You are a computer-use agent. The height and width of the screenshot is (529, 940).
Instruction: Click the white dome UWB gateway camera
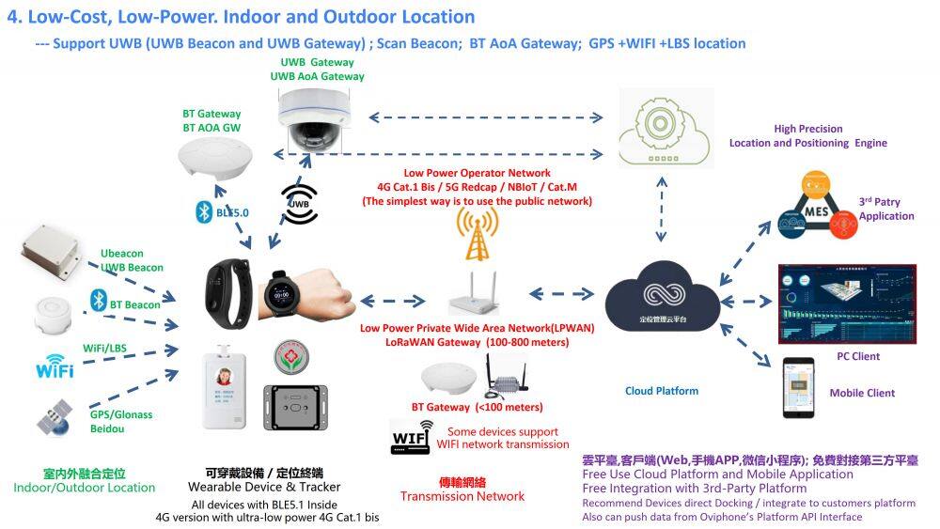[x=314, y=123]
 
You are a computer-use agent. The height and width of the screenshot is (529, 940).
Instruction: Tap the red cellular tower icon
[x=477, y=234]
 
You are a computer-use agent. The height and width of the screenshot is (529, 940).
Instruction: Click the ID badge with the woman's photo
[x=227, y=390]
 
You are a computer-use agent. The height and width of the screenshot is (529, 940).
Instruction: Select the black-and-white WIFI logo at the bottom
[x=412, y=438]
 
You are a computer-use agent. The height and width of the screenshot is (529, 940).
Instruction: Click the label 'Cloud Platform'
[x=662, y=391]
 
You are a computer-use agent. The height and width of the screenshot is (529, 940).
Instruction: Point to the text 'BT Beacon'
[x=135, y=305]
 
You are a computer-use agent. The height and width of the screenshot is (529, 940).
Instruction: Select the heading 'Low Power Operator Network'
[x=477, y=173]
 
